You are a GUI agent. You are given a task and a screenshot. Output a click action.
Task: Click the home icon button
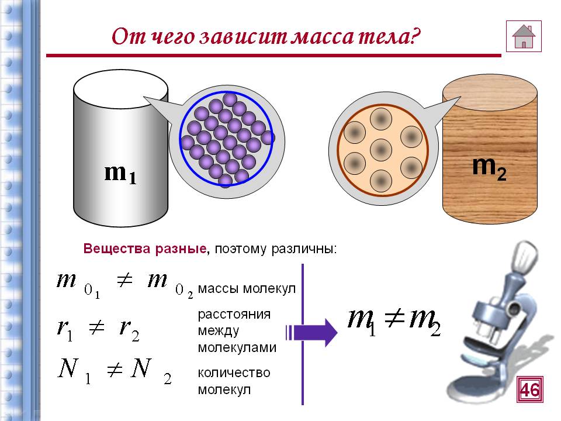tap(524, 36)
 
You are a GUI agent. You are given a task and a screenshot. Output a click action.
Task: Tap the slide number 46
tap(530, 389)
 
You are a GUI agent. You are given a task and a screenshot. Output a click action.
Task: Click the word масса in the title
tap(324, 36)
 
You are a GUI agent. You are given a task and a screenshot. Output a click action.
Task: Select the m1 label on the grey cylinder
tap(120, 174)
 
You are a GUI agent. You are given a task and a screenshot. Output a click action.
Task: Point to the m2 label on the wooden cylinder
tap(489, 168)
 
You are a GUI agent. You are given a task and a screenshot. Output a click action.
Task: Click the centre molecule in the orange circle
tap(381, 150)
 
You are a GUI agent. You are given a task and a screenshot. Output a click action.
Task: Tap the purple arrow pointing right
tap(311, 332)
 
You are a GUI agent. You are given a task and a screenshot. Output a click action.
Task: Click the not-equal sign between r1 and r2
tap(96, 327)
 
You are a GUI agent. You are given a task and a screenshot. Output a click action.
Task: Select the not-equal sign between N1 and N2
tap(115, 370)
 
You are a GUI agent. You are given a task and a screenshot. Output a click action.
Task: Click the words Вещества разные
tap(145, 249)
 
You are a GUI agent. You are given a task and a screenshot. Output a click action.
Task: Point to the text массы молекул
tap(247, 288)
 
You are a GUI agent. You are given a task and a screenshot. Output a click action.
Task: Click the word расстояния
tap(234, 315)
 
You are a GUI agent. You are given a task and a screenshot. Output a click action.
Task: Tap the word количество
tap(234, 372)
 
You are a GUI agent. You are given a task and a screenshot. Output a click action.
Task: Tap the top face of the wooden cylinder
tap(490, 93)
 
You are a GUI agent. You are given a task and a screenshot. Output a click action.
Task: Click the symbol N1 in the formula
tap(74, 371)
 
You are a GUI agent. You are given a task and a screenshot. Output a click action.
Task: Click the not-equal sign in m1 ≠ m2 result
tap(394, 318)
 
